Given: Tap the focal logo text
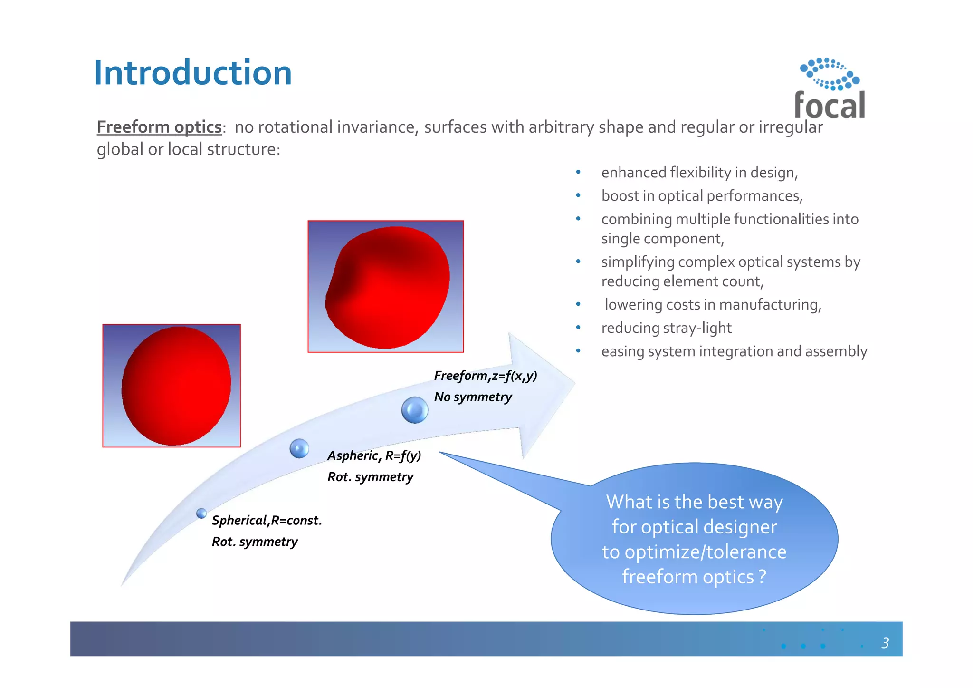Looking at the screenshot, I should (830, 105).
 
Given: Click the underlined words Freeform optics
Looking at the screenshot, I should (159, 127).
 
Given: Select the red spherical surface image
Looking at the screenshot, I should (172, 386).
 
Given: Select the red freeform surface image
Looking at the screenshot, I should (385, 286).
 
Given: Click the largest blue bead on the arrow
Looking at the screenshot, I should (414, 410).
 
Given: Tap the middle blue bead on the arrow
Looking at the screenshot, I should (299, 448).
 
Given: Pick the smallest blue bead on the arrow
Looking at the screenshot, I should (201, 513).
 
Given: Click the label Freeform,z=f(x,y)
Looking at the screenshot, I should (485, 376).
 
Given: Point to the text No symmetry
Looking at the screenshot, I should (473, 397).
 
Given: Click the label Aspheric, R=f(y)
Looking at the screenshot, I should (374, 455).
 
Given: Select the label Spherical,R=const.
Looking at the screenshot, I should (267, 520).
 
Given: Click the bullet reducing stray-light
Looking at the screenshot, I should (666, 328).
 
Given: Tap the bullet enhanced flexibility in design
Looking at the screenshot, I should (699, 172).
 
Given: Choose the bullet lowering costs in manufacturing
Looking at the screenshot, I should (712, 304).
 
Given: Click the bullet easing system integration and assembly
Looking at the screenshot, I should (734, 351).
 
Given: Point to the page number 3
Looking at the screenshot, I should (885, 643).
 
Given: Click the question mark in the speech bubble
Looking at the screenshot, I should (762, 577).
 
